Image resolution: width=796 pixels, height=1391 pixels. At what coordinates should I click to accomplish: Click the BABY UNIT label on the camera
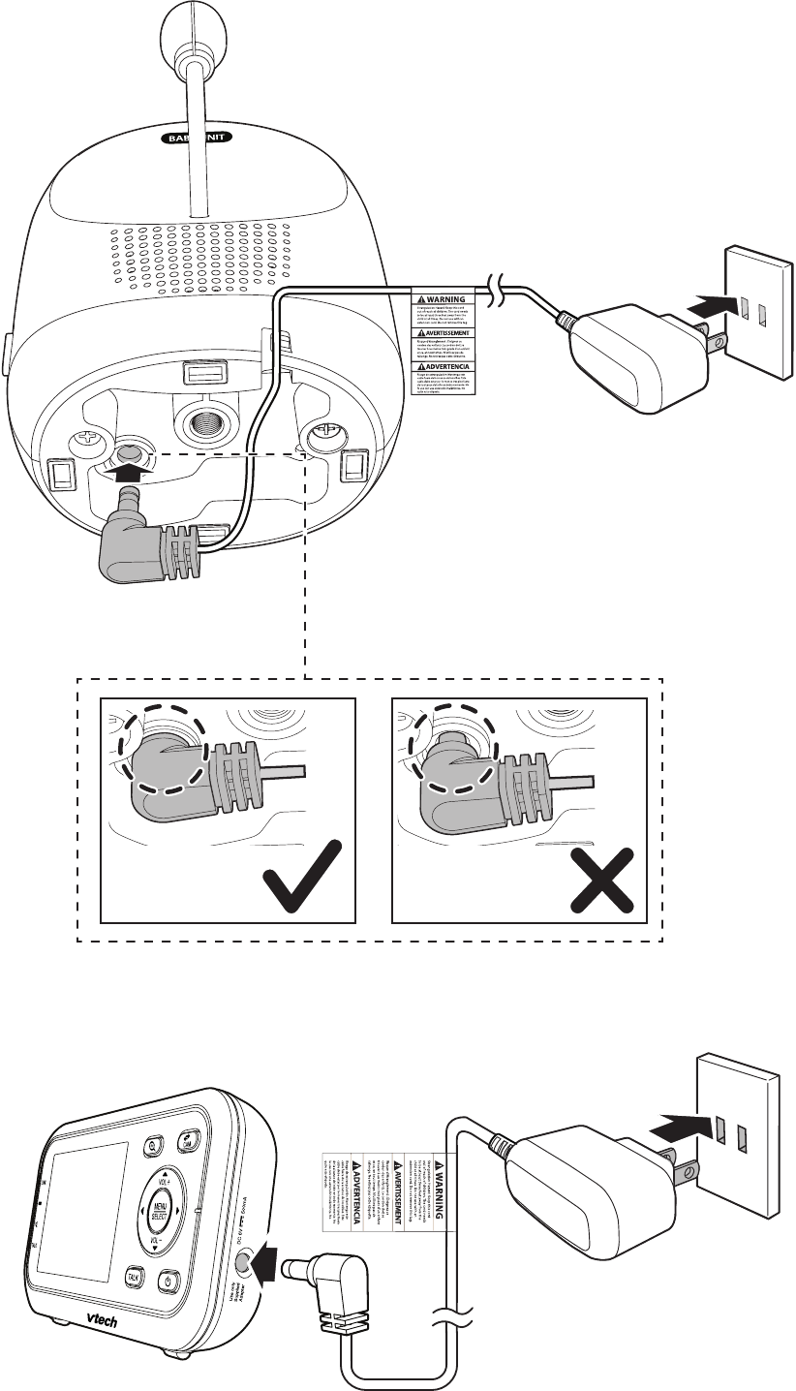click(x=200, y=138)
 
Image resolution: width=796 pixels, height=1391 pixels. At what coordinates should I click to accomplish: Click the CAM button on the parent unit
click(x=186, y=1143)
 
